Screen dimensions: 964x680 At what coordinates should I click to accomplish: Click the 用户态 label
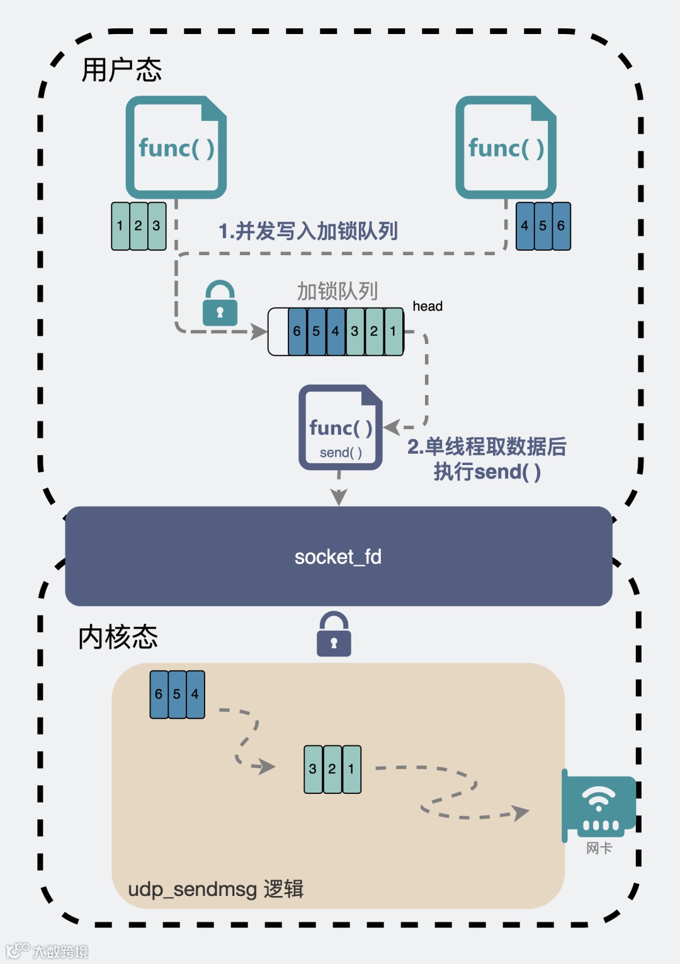tap(122, 69)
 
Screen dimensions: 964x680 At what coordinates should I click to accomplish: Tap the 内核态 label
tap(118, 637)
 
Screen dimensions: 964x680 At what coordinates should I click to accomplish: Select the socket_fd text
tap(338, 557)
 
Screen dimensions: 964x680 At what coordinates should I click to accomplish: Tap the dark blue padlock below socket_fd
tap(334, 634)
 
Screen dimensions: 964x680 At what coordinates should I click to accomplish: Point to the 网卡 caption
tap(599, 848)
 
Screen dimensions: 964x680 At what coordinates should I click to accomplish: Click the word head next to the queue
tap(428, 306)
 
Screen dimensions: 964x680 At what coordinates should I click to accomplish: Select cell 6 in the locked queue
tap(297, 331)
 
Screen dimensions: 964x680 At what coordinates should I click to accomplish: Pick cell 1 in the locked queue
tap(394, 331)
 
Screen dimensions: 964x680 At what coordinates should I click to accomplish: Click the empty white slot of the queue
tap(278, 331)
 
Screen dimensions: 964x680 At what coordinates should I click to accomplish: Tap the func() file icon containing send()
tap(340, 428)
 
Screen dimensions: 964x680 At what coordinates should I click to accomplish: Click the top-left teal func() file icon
tap(176, 147)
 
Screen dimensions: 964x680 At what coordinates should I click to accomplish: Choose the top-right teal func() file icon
tap(506, 147)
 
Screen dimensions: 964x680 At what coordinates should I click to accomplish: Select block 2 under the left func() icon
tap(139, 226)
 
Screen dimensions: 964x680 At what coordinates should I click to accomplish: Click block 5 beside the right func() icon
tap(543, 226)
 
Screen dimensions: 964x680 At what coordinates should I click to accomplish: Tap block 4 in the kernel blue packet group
tap(195, 694)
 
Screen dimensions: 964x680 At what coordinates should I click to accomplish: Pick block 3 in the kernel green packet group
tap(313, 769)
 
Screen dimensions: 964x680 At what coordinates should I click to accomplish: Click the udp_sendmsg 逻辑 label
tap(215, 889)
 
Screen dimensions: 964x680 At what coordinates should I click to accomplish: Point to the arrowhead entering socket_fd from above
tap(339, 498)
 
